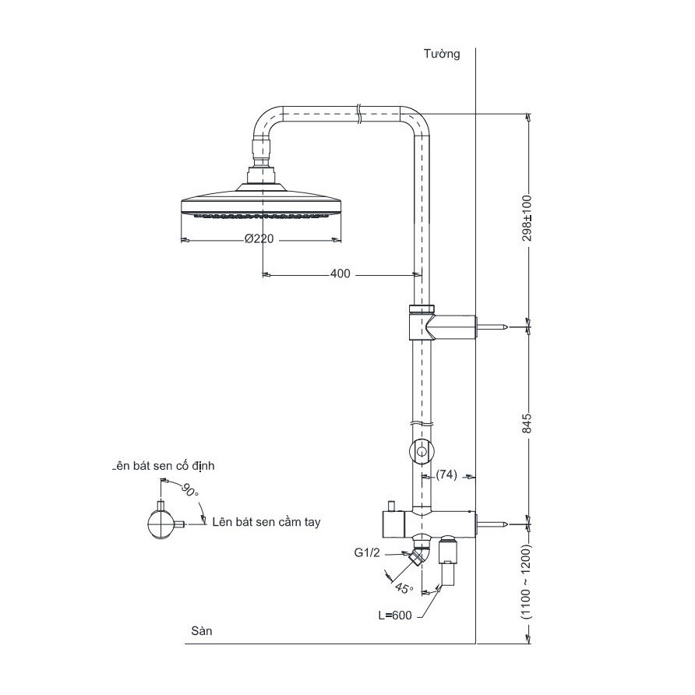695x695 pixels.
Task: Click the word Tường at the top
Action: point(442,54)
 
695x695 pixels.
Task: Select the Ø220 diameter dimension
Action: point(259,239)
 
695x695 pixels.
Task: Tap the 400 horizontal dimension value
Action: point(340,273)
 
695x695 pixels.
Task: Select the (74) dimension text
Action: point(446,475)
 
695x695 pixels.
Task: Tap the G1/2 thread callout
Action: point(368,553)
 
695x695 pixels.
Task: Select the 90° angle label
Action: point(189,490)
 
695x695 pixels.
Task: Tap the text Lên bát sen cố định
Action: point(164,466)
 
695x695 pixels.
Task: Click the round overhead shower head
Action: point(260,204)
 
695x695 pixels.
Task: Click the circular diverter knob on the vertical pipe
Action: point(421,450)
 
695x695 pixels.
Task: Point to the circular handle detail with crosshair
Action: point(161,524)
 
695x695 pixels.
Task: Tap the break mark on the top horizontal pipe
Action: point(358,113)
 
